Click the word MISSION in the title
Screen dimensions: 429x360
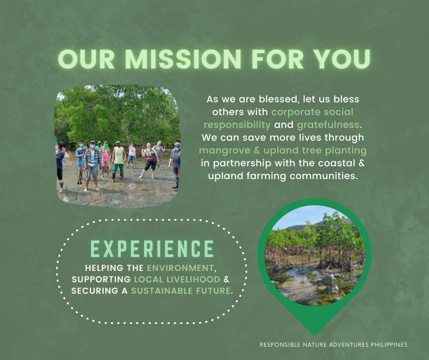click(183, 59)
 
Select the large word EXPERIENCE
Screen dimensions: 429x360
click(152, 249)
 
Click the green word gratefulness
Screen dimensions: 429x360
click(328, 125)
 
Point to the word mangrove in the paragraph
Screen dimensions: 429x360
click(225, 150)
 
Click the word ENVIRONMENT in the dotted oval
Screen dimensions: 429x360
click(180, 268)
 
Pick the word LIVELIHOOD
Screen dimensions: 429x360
click(193, 279)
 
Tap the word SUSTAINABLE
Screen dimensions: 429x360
click(162, 291)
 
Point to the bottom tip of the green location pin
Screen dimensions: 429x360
click(314, 336)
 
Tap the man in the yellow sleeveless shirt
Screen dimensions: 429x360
click(119, 162)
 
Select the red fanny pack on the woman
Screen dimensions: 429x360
click(150, 159)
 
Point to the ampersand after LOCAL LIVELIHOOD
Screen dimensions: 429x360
click(226, 279)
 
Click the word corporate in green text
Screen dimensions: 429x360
click(292, 112)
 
